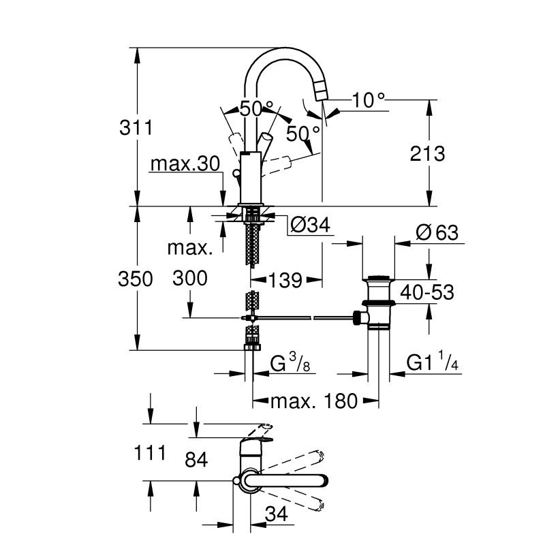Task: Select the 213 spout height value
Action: (429, 153)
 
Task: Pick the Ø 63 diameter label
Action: (435, 232)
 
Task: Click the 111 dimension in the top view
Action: (150, 452)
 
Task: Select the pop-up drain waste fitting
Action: (377, 303)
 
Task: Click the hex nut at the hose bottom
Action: (252, 346)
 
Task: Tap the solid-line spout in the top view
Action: (286, 481)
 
